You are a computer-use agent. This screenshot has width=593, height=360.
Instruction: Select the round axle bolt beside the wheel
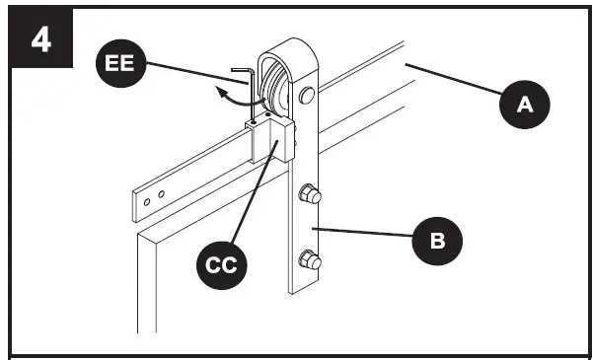[306, 96]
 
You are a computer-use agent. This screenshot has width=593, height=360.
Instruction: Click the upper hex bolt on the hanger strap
[310, 195]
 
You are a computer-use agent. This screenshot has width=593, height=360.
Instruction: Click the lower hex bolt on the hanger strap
[309, 260]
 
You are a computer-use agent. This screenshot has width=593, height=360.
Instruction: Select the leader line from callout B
[369, 234]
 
